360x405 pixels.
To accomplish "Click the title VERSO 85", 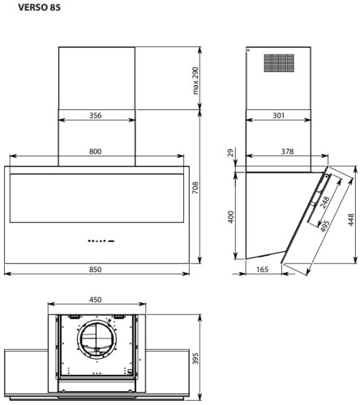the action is (x=39, y=7).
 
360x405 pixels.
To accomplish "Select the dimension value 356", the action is (x=96, y=116).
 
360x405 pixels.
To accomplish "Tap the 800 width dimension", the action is (x=96, y=151).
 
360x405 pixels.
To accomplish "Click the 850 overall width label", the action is (x=96, y=270).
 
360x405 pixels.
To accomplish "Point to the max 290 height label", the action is (x=195, y=80).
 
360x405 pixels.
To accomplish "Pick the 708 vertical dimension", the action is (x=195, y=188).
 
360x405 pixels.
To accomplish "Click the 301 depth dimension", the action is (x=278, y=116).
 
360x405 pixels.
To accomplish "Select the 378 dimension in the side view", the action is (x=287, y=151).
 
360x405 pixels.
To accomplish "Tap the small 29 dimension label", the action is (x=230, y=152).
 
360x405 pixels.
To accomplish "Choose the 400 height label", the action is (x=230, y=217).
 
